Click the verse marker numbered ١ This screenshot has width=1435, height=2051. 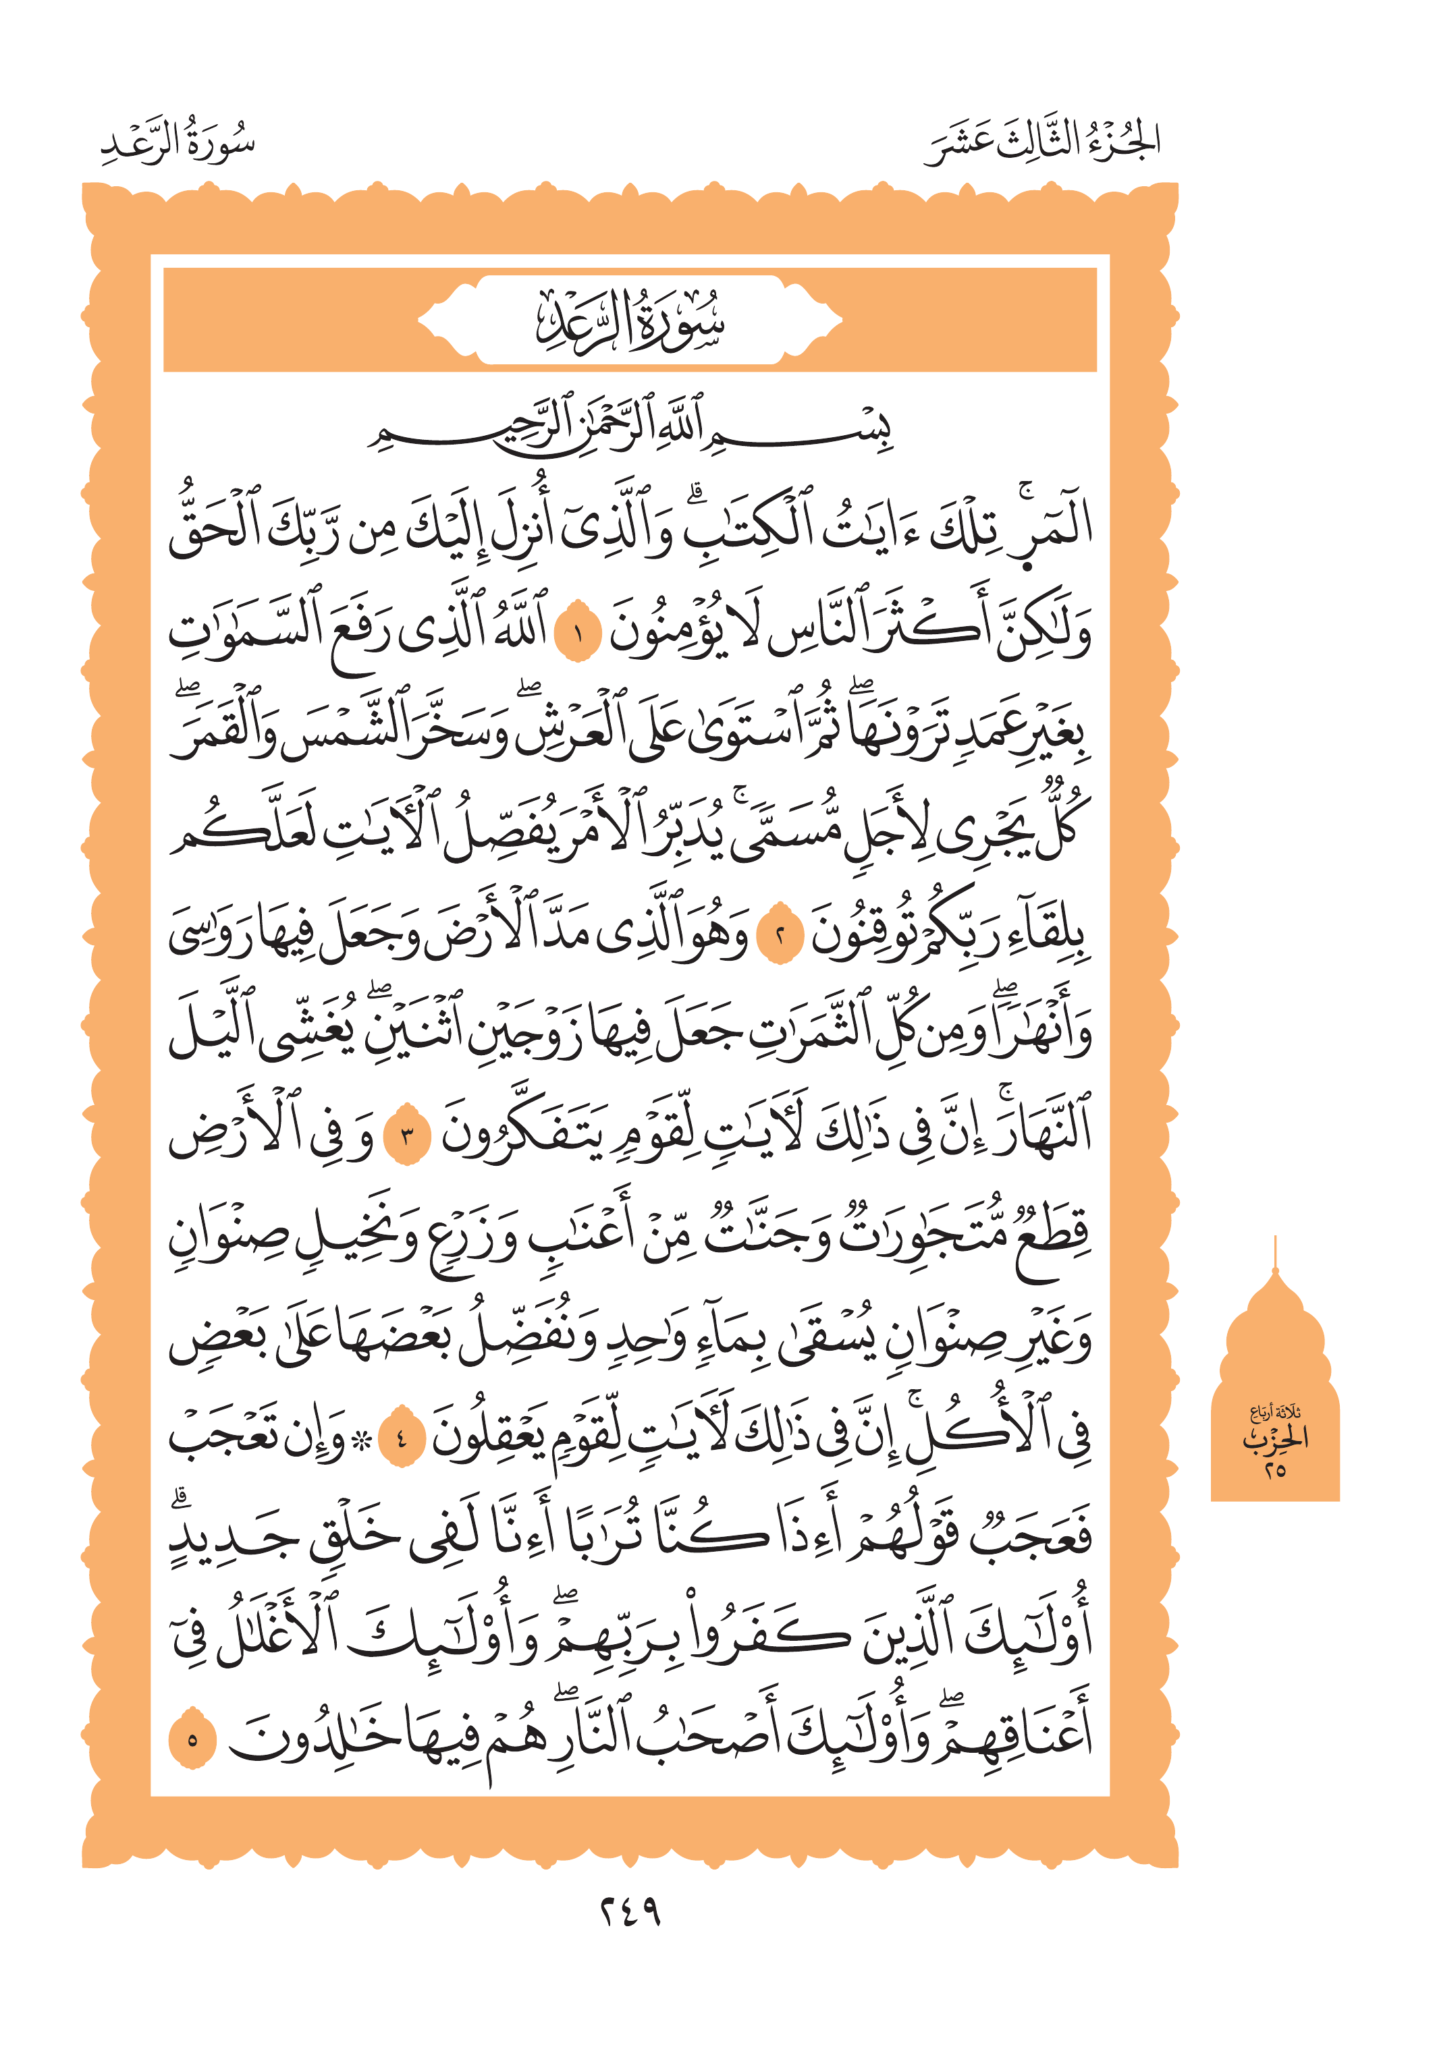pos(577,636)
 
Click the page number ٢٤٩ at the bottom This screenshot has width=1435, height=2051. pos(629,1911)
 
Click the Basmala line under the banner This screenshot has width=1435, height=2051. pos(630,428)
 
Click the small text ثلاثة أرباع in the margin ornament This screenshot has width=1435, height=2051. pos(1275,1412)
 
